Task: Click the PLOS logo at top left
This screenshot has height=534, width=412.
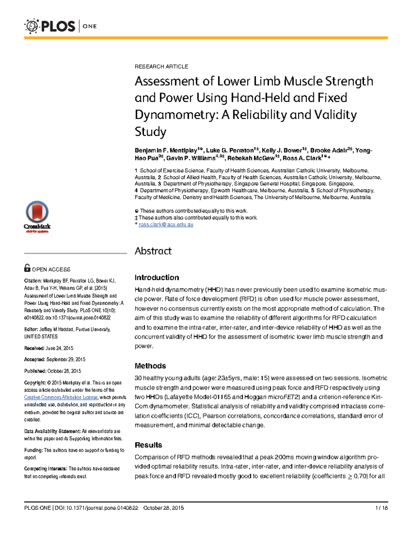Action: coord(50,26)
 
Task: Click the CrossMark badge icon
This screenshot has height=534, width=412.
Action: coord(37,216)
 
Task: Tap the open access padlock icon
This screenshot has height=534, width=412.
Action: coord(27,268)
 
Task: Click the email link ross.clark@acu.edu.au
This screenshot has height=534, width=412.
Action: coord(166,225)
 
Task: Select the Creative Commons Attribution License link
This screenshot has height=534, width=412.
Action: coord(61,397)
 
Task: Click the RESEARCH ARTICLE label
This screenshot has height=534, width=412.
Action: coord(161,66)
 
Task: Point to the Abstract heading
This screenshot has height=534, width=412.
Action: coord(153,251)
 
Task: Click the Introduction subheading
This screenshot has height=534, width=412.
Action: coord(157,277)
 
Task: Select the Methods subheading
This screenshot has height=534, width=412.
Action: coord(150,366)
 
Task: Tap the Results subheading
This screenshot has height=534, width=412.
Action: coord(148,445)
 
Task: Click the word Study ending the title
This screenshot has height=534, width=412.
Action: coord(150,131)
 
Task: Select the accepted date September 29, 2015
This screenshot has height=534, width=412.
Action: coord(66,359)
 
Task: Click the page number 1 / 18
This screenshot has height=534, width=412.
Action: coord(381,508)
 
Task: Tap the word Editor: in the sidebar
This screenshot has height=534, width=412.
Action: coord(31,329)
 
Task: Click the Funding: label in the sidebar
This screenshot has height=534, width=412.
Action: coord(33,450)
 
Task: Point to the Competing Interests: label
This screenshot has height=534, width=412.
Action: coord(46,469)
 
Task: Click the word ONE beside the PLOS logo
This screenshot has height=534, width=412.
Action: coord(90,26)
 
